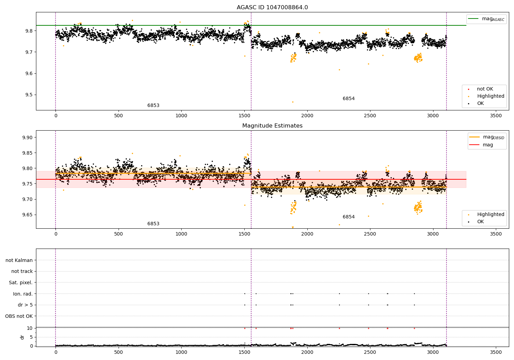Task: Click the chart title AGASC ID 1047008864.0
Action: (272, 8)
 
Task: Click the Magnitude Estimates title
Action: (272, 126)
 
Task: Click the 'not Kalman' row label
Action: (19, 260)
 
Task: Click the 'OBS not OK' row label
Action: (19, 316)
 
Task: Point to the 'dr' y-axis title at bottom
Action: (22, 337)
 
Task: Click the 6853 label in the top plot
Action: (153, 106)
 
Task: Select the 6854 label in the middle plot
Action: (348, 217)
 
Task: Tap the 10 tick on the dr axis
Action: (30, 328)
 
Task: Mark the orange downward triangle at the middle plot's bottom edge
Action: (293, 227)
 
